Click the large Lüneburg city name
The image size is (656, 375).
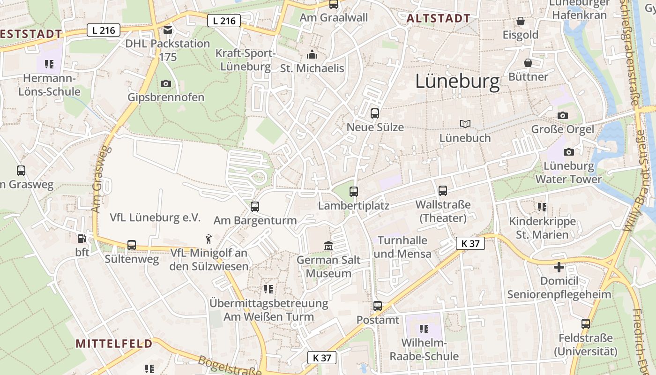[x=457, y=82]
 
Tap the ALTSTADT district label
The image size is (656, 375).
[x=439, y=18]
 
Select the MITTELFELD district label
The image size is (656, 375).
[x=114, y=343]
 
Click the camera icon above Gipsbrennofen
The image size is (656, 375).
[x=166, y=84]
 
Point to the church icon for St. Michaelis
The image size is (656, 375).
[x=312, y=54]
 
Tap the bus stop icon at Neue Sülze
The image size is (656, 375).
[x=374, y=113]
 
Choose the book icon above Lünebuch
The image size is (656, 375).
[x=465, y=124]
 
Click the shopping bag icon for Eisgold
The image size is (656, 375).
[x=520, y=21]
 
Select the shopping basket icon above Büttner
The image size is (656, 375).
[x=528, y=63]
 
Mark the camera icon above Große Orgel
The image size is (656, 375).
[x=563, y=115]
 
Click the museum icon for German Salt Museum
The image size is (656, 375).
[x=328, y=246]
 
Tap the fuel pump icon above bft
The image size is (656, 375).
[x=82, y=239]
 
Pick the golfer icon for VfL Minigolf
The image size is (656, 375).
[x=209, y=239]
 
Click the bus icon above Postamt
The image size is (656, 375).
[x=378, y=306]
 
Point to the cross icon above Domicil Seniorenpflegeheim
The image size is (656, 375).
[x=559, y=267]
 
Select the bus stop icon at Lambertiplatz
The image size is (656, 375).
[x=354, y=192]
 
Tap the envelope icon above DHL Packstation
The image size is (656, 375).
[x=168, y=30]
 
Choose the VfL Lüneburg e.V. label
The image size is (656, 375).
[x=155, y=217]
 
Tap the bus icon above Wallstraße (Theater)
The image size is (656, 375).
[x=443, y=191]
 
